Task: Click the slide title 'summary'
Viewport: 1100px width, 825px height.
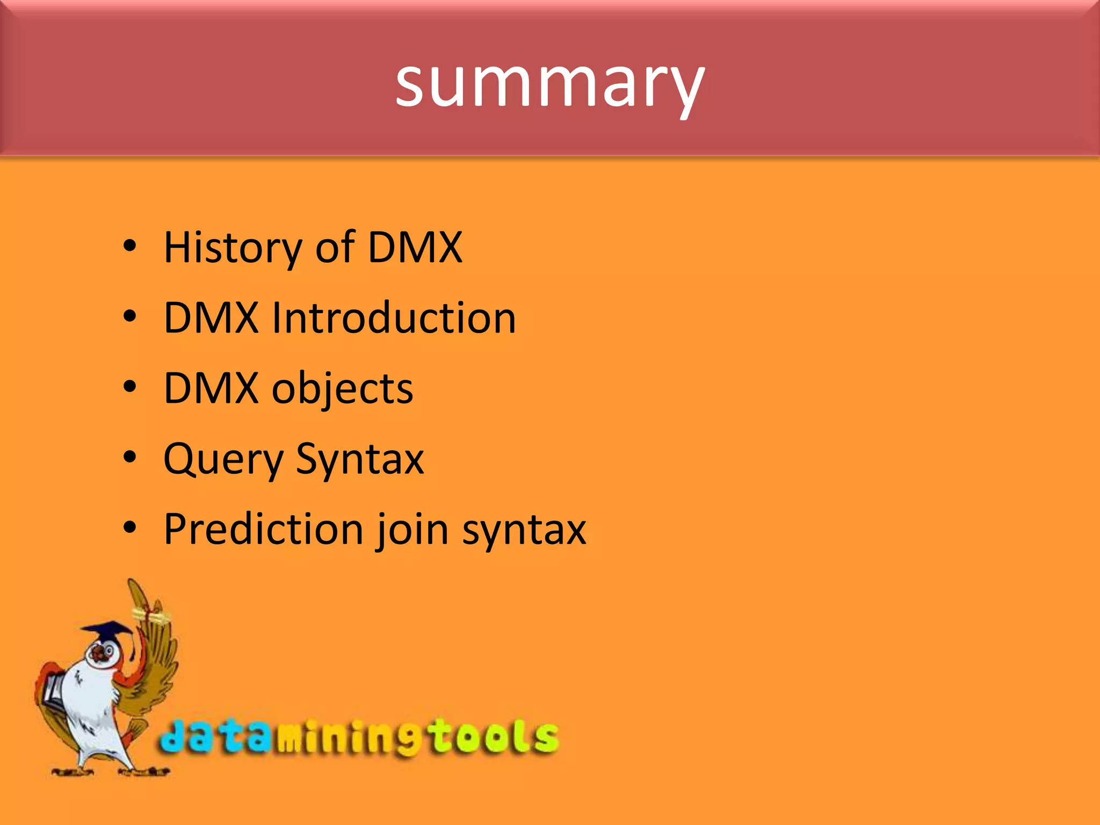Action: tap(549, 83)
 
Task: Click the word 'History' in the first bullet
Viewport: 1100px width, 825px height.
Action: tap(233, 248)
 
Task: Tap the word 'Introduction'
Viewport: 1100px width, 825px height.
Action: tap(394, 317)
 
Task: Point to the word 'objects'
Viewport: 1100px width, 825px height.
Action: tap(342, 389)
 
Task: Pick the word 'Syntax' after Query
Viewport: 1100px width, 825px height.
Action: tap(359, 460)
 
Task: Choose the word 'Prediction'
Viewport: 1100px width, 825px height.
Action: tap(263, 530)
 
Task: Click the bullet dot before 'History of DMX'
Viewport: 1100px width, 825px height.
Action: tap(129, 247)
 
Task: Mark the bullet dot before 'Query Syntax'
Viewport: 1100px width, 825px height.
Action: tap(129, 458)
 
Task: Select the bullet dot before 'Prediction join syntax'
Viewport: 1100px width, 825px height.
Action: tap(129, 528)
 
